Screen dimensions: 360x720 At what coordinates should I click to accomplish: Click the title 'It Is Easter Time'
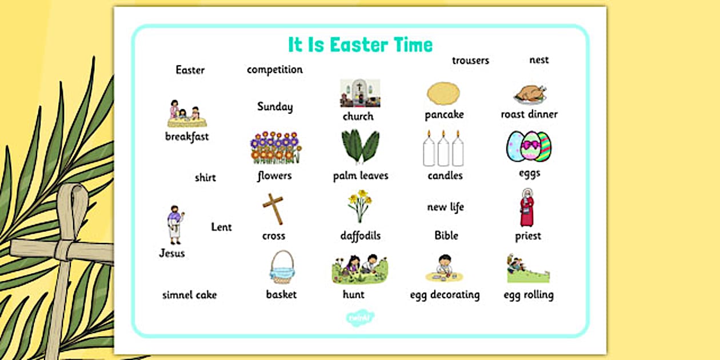tap(360, 45)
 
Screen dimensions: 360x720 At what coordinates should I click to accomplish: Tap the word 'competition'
tap(275, 70)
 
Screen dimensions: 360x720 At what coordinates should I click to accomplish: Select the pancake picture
tap(443, 93)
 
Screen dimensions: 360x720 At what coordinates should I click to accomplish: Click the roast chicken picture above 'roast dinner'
tap(530, 93)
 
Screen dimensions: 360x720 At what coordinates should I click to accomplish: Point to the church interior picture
tap(360, 93)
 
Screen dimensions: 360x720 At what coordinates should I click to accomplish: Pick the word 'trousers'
tap(470, 61)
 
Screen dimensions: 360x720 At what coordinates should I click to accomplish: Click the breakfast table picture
tap(187, 114)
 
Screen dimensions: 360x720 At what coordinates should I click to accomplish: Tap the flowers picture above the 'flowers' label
tap(275, 148)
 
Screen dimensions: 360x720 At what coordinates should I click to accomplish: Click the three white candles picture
tap(443, 149)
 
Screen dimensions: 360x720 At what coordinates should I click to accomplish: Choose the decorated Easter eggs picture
tap(529, 147)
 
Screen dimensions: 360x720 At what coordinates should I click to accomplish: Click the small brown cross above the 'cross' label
tap(273, 209)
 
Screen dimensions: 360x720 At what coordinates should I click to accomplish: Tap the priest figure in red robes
tap(527, 207)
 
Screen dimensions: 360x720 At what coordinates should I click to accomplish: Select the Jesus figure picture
tap(174, 225)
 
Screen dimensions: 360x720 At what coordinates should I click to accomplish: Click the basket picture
tap(282, 267)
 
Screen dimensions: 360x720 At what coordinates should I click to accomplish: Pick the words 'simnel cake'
tap(189, 295)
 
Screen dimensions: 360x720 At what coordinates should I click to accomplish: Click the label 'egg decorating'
tap(445, 295)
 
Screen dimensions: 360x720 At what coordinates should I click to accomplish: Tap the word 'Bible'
tap(446, 235)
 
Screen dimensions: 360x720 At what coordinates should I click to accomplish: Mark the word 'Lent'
tap(222, 227)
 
